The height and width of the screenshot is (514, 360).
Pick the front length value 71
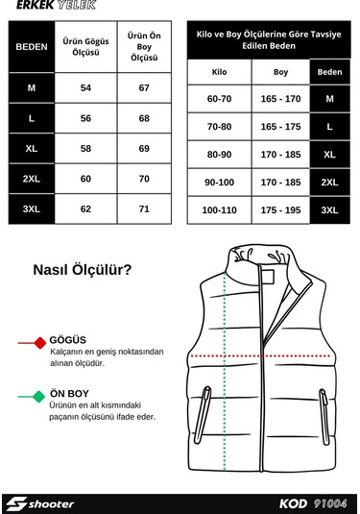point(144,208)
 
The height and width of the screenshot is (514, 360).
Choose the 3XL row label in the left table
point(33,208)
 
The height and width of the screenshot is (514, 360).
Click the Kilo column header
point(219,72)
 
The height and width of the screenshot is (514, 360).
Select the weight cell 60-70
point(219,98)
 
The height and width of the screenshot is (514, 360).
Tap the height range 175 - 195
point(280,209)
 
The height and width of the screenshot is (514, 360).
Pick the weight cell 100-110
point(219,209)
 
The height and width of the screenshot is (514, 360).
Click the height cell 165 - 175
point(280,126)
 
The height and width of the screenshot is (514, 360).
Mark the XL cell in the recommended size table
point(330,154)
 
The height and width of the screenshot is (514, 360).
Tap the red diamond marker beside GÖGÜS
point(39,342)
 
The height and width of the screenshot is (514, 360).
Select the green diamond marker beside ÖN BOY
point(37,395)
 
